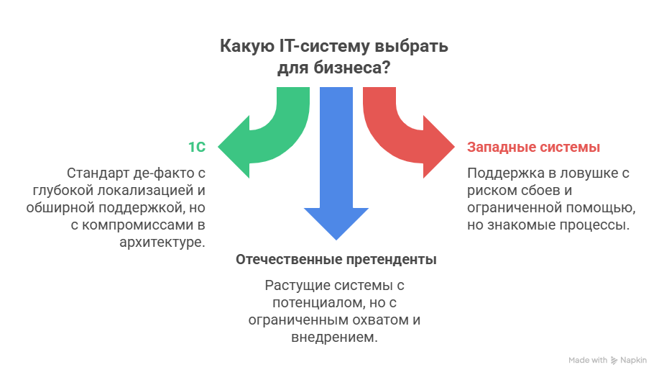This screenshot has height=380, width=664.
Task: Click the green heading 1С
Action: click(197, 148)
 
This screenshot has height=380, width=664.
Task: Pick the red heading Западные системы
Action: click(533, 148)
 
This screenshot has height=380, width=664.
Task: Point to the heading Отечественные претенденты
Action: click(336, 259)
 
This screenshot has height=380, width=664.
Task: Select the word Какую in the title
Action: click(245, 47)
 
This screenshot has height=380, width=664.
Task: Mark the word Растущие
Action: click(295, 285)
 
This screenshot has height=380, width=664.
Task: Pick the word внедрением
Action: click(334, 337)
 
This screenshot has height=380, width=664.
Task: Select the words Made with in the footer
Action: click(587, 360)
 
